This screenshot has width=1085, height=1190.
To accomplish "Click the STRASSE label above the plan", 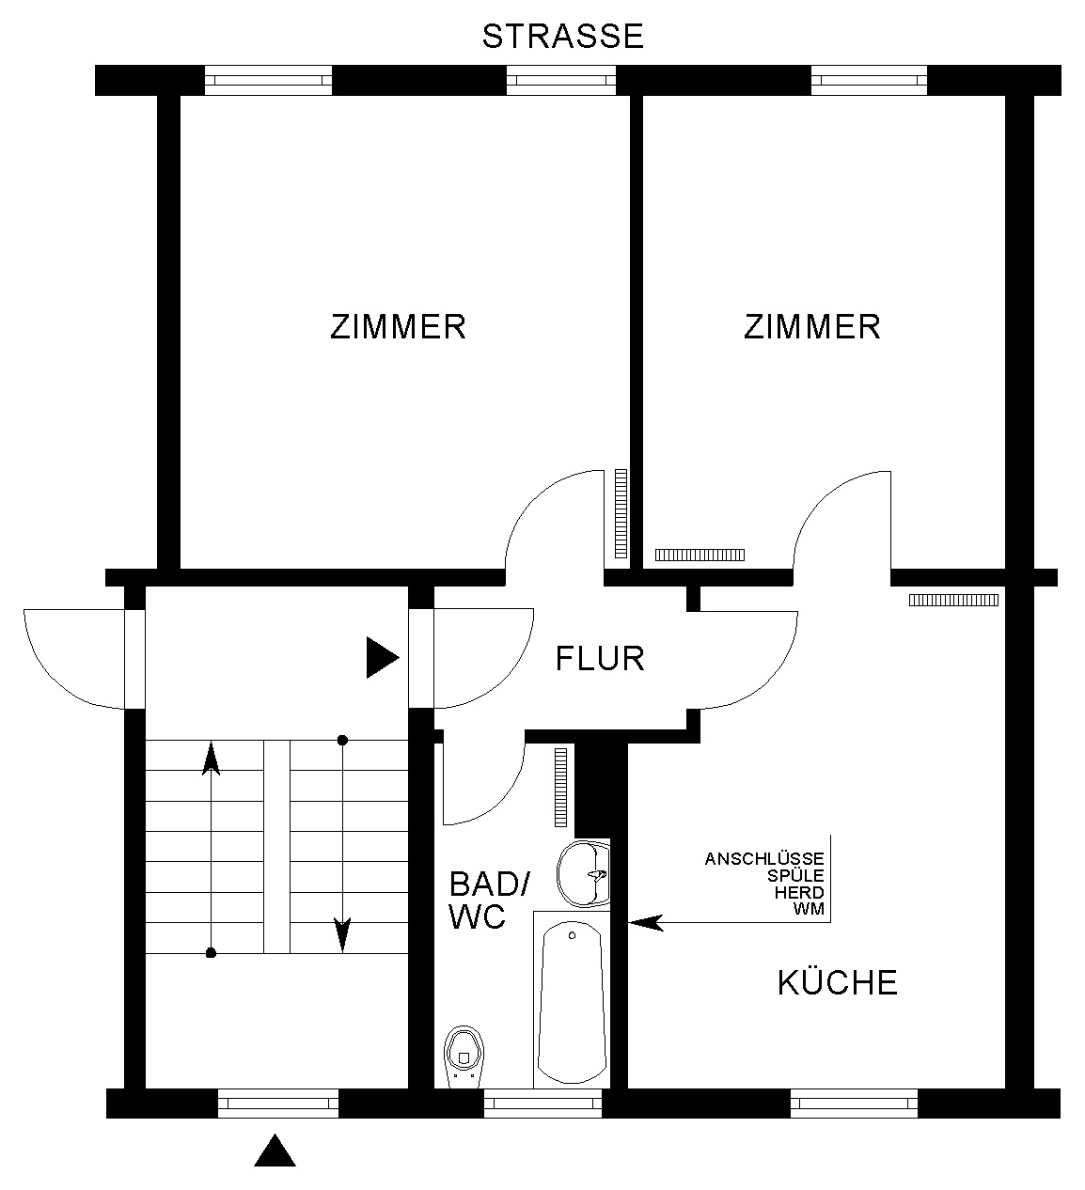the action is coord(562,36).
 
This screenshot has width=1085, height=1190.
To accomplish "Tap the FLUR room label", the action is coord(600,659).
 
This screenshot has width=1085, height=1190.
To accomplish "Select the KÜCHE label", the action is coord(837,983).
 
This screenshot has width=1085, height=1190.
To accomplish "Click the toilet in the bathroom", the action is coord(464,1057).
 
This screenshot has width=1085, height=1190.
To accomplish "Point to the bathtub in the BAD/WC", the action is coord(572,1003).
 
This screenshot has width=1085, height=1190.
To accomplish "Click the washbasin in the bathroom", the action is coord(584,873).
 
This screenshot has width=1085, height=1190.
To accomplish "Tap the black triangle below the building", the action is coord(275,1151).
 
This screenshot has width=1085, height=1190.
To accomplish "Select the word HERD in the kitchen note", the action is coord(799,892).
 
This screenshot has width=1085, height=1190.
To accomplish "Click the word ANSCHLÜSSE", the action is coord(764,858).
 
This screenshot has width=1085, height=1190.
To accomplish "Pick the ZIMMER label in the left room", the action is coord(398,327).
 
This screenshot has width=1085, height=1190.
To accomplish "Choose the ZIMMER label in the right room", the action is coord(812,327).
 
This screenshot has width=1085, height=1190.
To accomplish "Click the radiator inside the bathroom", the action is coord(560,787).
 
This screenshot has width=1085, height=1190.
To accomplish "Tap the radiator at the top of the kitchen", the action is coord(953,601).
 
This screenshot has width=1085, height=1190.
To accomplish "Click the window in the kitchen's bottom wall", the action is coord(854,1104).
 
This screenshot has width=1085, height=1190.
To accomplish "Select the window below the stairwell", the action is coord(277,1104).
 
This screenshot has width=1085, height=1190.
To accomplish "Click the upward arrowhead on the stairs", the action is coord(211,759).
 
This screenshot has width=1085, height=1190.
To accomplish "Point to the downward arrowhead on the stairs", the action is coord(342,934).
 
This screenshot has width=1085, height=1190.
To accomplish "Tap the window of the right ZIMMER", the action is coord(869,80).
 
